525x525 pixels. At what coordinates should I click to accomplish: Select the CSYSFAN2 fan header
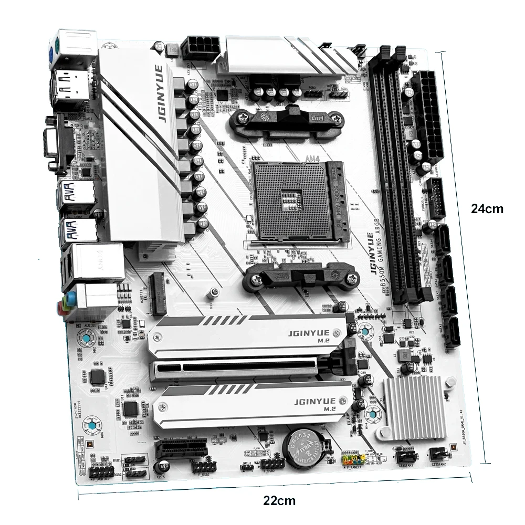tap(439, 453)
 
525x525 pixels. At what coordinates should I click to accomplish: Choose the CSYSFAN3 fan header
tap(405, 455)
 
